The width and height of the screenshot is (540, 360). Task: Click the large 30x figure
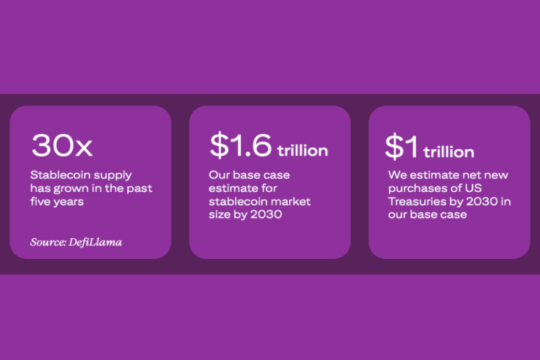[62, 145]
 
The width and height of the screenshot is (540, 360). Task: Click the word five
[38, 201]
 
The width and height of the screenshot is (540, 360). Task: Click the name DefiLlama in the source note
[95, 242]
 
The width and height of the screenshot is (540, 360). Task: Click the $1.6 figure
[240, 145]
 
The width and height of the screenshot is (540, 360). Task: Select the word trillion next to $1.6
[303, 151]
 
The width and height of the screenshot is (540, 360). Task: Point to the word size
[219, 215]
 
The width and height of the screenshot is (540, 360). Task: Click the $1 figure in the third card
[402, 147]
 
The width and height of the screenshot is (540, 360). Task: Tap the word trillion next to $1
[449, 152]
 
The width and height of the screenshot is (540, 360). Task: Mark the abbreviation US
[473, 188]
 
